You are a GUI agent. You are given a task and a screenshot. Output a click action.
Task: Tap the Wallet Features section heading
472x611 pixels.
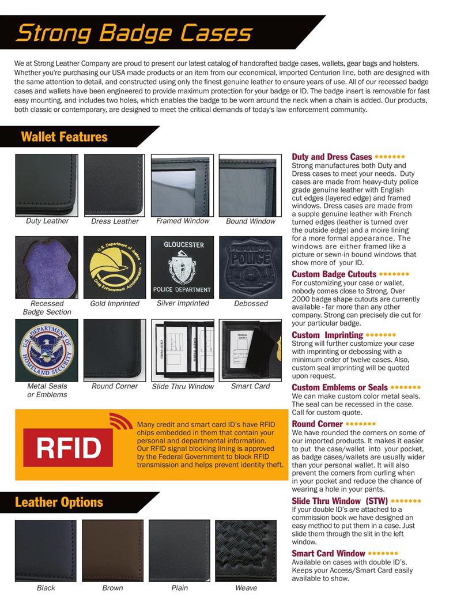click(x=64, y=137)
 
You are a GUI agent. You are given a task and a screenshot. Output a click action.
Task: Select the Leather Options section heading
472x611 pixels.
click(x=59, y=502)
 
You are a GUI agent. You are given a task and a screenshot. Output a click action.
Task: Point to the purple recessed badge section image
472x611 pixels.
click(x=47, y=267)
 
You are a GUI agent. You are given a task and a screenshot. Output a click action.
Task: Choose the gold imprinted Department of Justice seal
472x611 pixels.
click(x=115, y=267)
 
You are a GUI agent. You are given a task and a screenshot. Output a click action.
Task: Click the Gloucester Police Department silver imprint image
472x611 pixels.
click(x=183, y=267)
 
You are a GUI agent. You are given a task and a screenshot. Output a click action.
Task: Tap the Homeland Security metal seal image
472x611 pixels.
click(x=47, y=350)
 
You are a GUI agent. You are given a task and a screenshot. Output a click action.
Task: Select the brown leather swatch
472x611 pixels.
click(x=112, y=550)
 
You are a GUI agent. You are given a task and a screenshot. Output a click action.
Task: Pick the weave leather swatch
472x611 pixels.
click(x=246, y=550)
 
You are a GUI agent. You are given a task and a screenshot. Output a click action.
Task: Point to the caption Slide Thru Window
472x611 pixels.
click(x=183, y=387)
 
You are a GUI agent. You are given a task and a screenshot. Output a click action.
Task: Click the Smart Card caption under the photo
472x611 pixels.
click(x=250, y=386)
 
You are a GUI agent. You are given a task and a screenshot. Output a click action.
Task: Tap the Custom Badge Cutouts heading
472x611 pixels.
click(x=334, y=274)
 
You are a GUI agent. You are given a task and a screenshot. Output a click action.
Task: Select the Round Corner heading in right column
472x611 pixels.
click(x=317, y=424)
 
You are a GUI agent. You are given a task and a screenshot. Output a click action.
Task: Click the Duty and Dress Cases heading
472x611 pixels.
click(x=331, y=157)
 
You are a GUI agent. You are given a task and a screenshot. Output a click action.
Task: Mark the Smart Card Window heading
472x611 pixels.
click(x=328, y=553)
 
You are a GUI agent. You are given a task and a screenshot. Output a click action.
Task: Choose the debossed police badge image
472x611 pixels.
click(x=251, y=267)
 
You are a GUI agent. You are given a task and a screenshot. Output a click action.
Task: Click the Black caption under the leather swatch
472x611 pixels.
click(x=46, y=588)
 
